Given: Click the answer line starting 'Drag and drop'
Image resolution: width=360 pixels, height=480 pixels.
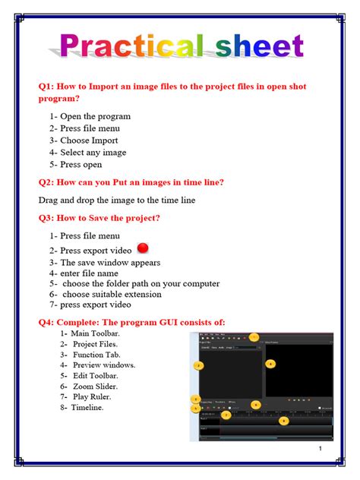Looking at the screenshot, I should coord(117,201).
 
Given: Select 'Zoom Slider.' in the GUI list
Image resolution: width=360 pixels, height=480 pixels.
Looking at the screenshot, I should coord(94,386).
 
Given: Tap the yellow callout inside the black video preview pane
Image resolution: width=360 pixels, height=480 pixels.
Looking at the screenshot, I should coord(270,363).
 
